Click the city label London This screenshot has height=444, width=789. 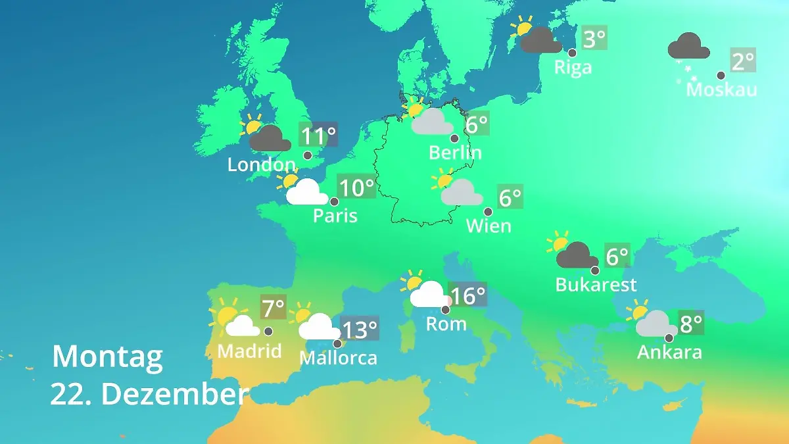261,164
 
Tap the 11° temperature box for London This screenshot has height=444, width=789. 318,136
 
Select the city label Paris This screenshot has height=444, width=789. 335,215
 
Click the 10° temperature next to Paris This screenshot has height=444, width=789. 356,187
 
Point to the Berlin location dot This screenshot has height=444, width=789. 454,138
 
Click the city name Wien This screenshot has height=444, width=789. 489,226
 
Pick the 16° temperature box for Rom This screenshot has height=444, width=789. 467,295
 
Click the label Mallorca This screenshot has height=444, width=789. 338,358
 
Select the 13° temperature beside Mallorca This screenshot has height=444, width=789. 360,328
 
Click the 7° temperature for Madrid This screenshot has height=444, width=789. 274,307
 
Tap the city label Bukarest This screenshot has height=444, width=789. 596,284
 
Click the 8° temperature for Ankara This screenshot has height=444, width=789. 690,323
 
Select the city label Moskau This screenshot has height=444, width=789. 721,89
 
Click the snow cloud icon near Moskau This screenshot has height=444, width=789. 688,53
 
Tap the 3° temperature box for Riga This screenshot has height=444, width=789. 594,39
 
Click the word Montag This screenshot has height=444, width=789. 107,357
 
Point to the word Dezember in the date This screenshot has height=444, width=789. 174,394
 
